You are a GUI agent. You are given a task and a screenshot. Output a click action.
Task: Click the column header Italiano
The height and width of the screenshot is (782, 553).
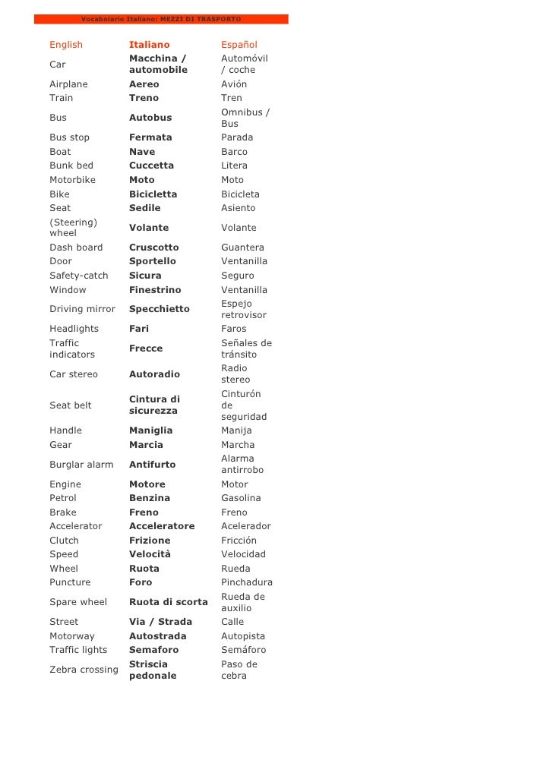pyautogui.click(x=150, y=45)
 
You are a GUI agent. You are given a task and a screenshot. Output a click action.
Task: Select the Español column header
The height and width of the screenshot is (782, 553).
pyautogui.click(x=239, y=45)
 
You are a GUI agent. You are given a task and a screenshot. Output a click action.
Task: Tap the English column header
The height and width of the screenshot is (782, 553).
pyautogui.click(x=66, y=45)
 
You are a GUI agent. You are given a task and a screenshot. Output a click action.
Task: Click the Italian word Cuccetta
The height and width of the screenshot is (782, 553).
pyautogui.click(x=151, y=166)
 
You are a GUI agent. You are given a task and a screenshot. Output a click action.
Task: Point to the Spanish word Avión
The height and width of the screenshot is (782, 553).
pyautogui.click(x=234, y=84)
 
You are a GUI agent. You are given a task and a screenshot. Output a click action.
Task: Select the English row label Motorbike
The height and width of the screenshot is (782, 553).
pyautogui.click(x=72, y=180)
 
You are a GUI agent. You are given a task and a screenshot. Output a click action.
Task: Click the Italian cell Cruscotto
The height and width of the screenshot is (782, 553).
pyautogui.click(x=154, y=248)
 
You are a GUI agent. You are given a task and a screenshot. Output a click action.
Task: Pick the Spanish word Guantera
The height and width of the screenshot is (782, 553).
pyautogui.click(x=242, y=248)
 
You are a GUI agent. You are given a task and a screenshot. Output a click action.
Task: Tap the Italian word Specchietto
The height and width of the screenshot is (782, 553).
pyautogui.click(x=160, y=309)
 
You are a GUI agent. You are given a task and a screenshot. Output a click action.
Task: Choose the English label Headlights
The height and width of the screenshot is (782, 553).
pyautogui.click(x=74, y=329)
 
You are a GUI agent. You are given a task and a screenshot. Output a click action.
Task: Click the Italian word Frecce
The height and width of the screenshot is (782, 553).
pyautogui.click(x=146, y=348)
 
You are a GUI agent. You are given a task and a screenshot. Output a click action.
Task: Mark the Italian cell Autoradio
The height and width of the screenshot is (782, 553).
pyautogui.click(x=154, y=374)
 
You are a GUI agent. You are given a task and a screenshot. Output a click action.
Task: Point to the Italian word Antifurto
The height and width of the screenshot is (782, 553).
pyautogui.click(x=152, y=465)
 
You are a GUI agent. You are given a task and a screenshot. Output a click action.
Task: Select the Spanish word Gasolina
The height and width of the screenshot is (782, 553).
pyautogui.click(x=241, y=498)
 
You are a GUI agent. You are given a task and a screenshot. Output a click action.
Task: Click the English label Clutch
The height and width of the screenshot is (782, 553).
pyautogui.click(x=64, y=541)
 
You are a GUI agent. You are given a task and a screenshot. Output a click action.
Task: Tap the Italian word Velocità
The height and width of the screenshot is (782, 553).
pyautogui.click(x=150, y=554)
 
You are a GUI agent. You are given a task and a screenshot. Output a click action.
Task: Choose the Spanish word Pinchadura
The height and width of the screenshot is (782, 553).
pyautogui.click(x=247, y=582)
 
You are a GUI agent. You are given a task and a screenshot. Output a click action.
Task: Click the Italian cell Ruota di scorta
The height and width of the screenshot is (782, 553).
pyautogui.click(x=168, y=602)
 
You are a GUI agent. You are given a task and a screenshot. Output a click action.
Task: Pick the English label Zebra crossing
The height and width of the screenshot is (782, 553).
pyautogui.click(x=84, y=670)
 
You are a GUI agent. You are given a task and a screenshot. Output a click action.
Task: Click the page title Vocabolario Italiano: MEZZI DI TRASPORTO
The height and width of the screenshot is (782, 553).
pyautogui.click(x=161, y=18)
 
